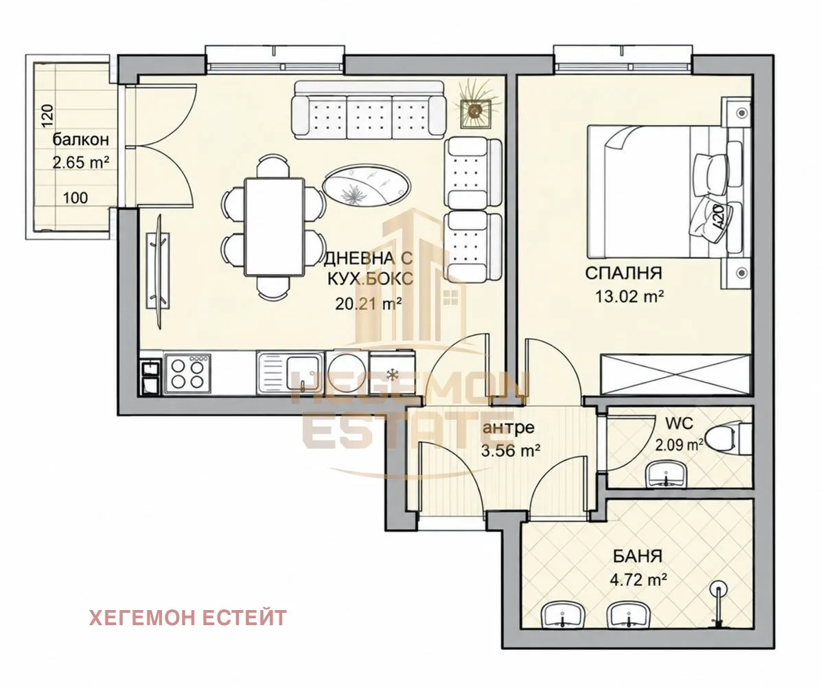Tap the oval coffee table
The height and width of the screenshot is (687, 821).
(367, 185)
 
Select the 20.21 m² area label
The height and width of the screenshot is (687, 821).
(369, 303)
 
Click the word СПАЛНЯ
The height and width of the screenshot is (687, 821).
(623, 273)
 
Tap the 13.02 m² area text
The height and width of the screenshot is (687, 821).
(629, 297)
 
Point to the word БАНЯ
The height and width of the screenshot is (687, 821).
(637, 556)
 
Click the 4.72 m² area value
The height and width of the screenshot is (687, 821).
(638, 580)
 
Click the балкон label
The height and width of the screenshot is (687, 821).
(80, 139)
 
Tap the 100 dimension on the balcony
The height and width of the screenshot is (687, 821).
(76, 198)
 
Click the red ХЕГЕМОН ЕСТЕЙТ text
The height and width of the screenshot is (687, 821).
(188, 618)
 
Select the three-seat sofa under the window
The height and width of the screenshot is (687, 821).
(368, 110)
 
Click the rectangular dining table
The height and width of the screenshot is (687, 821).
(275, 227)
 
